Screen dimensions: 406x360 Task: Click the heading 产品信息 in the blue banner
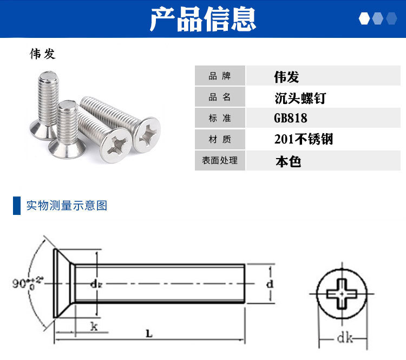pyautogui.click(x=203, y=19)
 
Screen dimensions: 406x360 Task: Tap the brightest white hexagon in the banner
pyautogui.click(x=364, y=18)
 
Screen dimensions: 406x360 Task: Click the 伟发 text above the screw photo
pyautogui.click(x=43, y=54)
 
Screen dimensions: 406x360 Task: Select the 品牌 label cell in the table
pyautogui.click(x=220, y=76)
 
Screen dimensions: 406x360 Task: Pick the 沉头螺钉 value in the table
pyautogui.click(x=300, y=98)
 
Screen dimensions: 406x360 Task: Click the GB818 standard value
pyautogui.click(x=291, y=118)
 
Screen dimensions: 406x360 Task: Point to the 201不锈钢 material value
pyautogui.click(x=304, y=139)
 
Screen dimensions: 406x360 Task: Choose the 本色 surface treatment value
pyautogui.click(x=288, y=161)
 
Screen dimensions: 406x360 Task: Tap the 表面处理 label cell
pyautogui.click(x=220, y=160)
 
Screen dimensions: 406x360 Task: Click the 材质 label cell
pyautogui.click(x=220, y=139)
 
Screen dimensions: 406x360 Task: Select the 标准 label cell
pyautogui.click(x=220, y=118)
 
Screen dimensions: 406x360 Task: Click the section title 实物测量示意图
pyautogui.click(x=67, y=205)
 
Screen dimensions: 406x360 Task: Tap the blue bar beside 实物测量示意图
pyautogui.click(x=17, y=206)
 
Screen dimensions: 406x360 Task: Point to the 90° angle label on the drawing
pyautogui.click(x=28, y=283)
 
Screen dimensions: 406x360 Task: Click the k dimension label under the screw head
pyautogui.click(x=94, y=326)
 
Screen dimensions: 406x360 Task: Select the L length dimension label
pyautogui.click(x=149, y=333)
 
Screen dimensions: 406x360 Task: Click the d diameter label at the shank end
pyautogui.click(x=270, y=284)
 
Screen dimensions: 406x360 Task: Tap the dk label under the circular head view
pyautogui.click(x=345, y=338)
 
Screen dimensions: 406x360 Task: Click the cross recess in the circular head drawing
pyautogui.click(x=342, y=294)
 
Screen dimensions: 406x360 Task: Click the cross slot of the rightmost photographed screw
pyautogui.click(x=147, y=134)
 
